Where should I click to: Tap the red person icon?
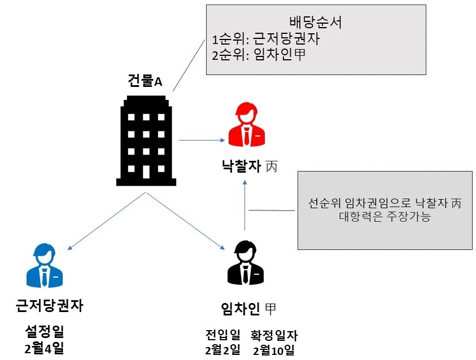click(246, 124)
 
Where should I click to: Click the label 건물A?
click(145, 81)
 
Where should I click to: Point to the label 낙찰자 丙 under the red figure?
click(249, 167)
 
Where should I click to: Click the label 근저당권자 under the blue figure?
click(50, 306)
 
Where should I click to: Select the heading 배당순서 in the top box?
click(316, 23)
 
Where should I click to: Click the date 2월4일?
click(45, 348)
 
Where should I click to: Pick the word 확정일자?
click(274, 335)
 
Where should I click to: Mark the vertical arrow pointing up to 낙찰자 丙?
click(245, 203)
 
